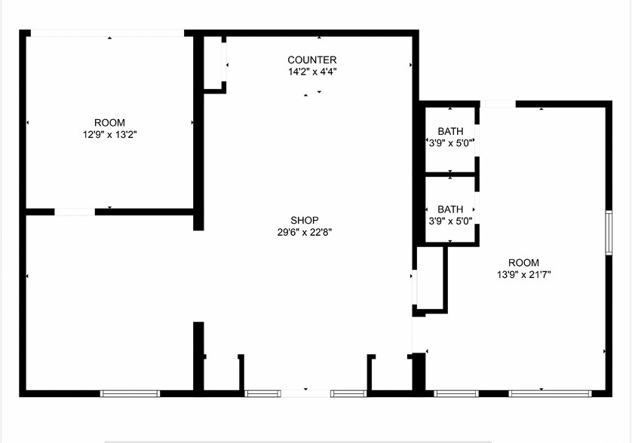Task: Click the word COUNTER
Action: pos(312,60)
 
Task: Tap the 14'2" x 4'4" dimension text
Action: pos(312,72)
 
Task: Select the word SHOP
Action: pos(305,220)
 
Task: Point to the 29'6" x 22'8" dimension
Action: pos(305,232)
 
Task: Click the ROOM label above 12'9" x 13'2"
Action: pos(109,123)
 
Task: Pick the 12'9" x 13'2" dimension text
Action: pos(109,135)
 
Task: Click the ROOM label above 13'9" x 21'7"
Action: pos(523,263)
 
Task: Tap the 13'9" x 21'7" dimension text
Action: pos(523,275)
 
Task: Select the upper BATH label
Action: pos(450,131)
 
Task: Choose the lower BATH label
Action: pos(450,209)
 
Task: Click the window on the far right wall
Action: pos(609,233)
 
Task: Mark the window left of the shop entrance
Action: pos(262,393)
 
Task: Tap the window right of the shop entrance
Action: pos(348,393)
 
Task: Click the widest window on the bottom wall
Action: pos(551,393)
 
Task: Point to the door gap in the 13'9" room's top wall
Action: pos(498,104)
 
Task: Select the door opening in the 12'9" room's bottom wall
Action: pos(75,212)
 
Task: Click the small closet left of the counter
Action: pos(213,63)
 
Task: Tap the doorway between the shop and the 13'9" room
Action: pos(419,335)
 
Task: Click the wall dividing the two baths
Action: pos(450,174)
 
